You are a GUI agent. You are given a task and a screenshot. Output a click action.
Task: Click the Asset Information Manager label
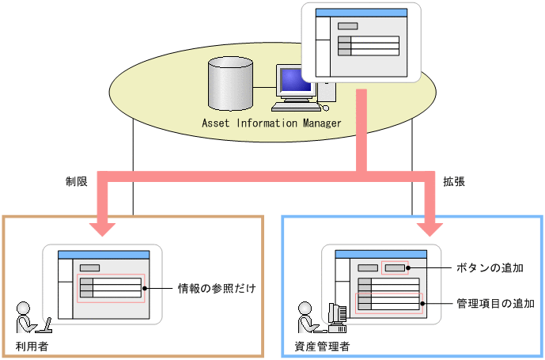pos(271,123)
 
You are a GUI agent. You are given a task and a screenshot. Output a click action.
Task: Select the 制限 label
pos(77,181)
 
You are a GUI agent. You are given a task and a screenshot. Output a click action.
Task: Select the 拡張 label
pos(453,181)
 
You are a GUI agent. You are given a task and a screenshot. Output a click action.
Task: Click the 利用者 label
pos(31,346)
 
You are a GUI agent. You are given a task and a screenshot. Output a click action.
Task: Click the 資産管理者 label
pos(322,346)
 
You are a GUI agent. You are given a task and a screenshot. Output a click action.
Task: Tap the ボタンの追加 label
pos(490,267)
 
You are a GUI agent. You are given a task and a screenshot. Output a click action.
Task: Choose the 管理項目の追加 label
pos(496,302)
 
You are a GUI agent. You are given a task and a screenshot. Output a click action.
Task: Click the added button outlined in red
pos(394,267)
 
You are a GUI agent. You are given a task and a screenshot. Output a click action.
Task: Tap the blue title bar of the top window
pos(360,13)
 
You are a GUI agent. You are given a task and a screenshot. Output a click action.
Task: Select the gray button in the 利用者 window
pos(89,267)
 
